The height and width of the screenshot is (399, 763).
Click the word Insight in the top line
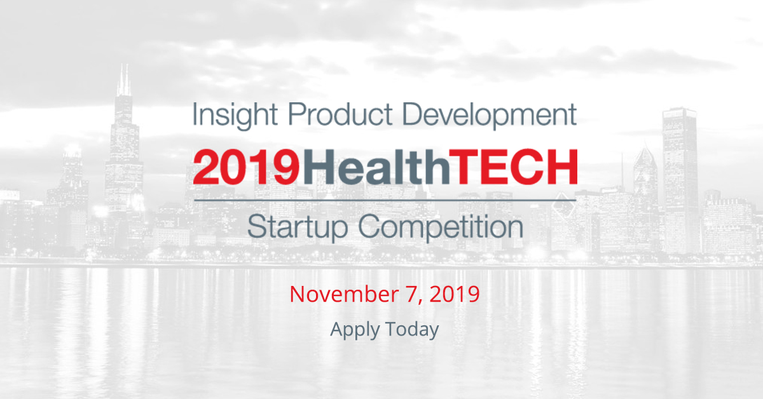tap(235, 116)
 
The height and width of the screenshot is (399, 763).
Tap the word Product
tap(341, 114)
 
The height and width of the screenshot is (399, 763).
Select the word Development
tap(490, 116)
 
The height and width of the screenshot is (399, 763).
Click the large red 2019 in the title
tap(247, 167)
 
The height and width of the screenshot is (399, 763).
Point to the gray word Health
tap(376, 167)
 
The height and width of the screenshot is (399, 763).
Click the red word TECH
tap(513, 167)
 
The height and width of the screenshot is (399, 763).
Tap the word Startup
tap(298, 227)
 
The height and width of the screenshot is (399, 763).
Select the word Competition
tap(441, 227)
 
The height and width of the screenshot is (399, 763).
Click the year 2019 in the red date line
tap(455, 294)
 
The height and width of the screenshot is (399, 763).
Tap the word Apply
tap(355, 330)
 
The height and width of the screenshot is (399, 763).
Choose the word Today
tap(412, 330)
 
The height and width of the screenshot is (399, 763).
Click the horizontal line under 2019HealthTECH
tap(385, 201)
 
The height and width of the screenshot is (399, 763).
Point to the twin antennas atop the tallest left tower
tap(124, 80)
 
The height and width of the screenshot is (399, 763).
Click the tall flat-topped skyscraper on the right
tap(679, 180)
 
